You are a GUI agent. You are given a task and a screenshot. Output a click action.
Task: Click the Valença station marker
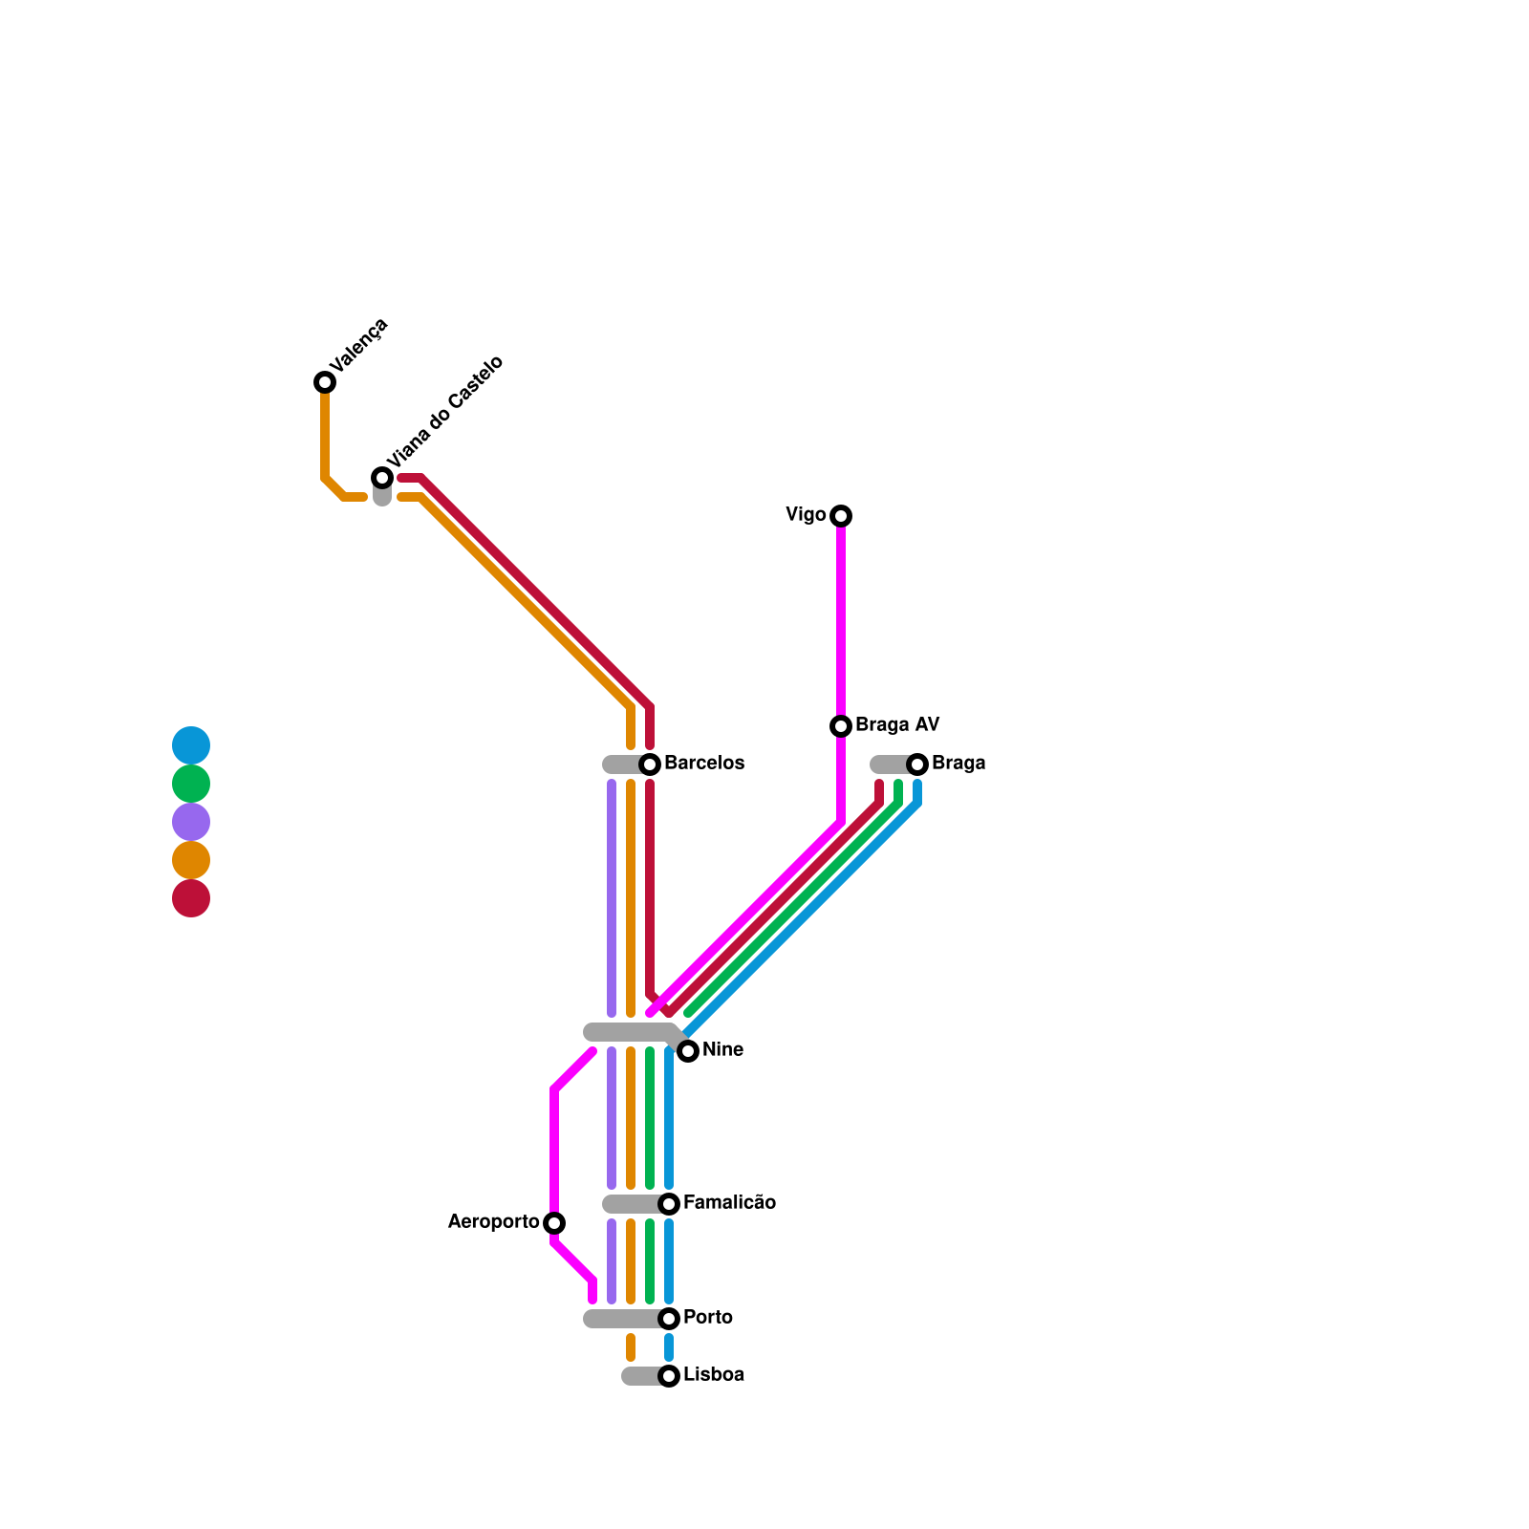[x=325, y=382]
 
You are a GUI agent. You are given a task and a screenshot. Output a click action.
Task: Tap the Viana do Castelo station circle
[x=382, y=478]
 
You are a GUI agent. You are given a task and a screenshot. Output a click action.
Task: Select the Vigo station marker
[x=841, y=516]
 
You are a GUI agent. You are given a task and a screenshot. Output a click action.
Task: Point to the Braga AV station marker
[x=841, y=726]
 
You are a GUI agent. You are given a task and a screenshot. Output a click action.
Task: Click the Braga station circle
[x=917, y=764]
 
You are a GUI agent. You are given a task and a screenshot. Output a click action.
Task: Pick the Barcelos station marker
[x=650, y=764]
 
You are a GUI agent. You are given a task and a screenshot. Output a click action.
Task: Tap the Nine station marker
[x=688, y=1051]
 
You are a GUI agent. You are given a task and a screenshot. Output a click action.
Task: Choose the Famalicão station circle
[x=669, y=1204]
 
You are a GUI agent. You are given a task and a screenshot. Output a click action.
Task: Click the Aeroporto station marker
[x=554, y=1223]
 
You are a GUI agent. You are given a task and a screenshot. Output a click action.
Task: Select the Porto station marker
[x=669, y=1319]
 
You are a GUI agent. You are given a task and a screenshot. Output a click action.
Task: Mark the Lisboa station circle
[x=669, y=1376]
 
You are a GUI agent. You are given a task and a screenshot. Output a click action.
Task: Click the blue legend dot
[x=191, y=745]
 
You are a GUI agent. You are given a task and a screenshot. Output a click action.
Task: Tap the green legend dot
[x=191, y=784]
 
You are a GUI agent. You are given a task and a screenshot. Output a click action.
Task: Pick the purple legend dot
[x=191, y=822]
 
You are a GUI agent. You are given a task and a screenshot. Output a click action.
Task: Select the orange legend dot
[x=191, y=860]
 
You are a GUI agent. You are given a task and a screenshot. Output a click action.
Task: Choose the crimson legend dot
[x=191, y=898]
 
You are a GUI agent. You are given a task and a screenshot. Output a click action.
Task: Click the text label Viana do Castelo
[x=444, y=412]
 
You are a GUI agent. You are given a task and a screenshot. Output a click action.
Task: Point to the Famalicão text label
[x=729, y=1203]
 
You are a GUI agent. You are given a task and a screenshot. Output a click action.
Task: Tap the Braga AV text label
[x=897, y=725]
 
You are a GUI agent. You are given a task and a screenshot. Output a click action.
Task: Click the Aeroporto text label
[x=493, y=1222]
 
